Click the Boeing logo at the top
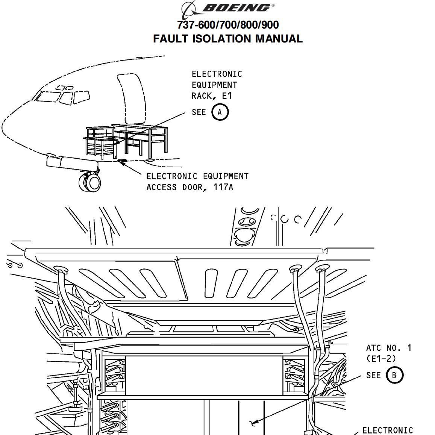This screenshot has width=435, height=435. (x=227, y=8)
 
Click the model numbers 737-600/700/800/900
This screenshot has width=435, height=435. (x=228, y=25)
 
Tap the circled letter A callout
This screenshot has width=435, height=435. (x=220, y=112)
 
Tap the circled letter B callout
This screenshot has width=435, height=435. (x=394, y=375)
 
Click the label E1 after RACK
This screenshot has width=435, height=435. (x=227, y=96)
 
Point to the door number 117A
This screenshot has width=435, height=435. (x=223, y=187)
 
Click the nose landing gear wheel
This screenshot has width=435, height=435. (x=90, y=182)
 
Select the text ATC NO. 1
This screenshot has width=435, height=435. (x=388, y=348)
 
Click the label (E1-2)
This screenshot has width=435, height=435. (x=381, y=359)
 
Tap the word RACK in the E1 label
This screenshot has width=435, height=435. (x=204, y=96)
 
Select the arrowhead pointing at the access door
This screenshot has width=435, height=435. (x=121, y=161)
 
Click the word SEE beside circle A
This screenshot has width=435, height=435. (x=199, y=112)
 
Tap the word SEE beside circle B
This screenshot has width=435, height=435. (x=373, y=375)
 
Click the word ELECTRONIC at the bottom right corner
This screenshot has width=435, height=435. (x=387, y=430)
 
